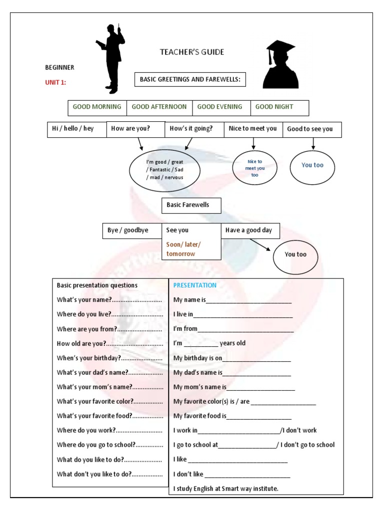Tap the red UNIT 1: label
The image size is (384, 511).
pos(55,83)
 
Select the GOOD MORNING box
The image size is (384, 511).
pos(97,107)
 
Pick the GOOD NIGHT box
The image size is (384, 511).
pos(274,107)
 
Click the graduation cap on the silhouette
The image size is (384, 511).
pos(279,48)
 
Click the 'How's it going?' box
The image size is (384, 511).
pos(191,129)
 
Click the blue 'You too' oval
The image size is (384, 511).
pos(312,165)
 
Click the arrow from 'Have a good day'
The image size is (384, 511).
pos(260,245)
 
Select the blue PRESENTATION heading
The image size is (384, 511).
pos(195,285)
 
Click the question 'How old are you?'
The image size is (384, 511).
pos(109,343)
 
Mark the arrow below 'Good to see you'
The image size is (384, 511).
pos(313,143)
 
